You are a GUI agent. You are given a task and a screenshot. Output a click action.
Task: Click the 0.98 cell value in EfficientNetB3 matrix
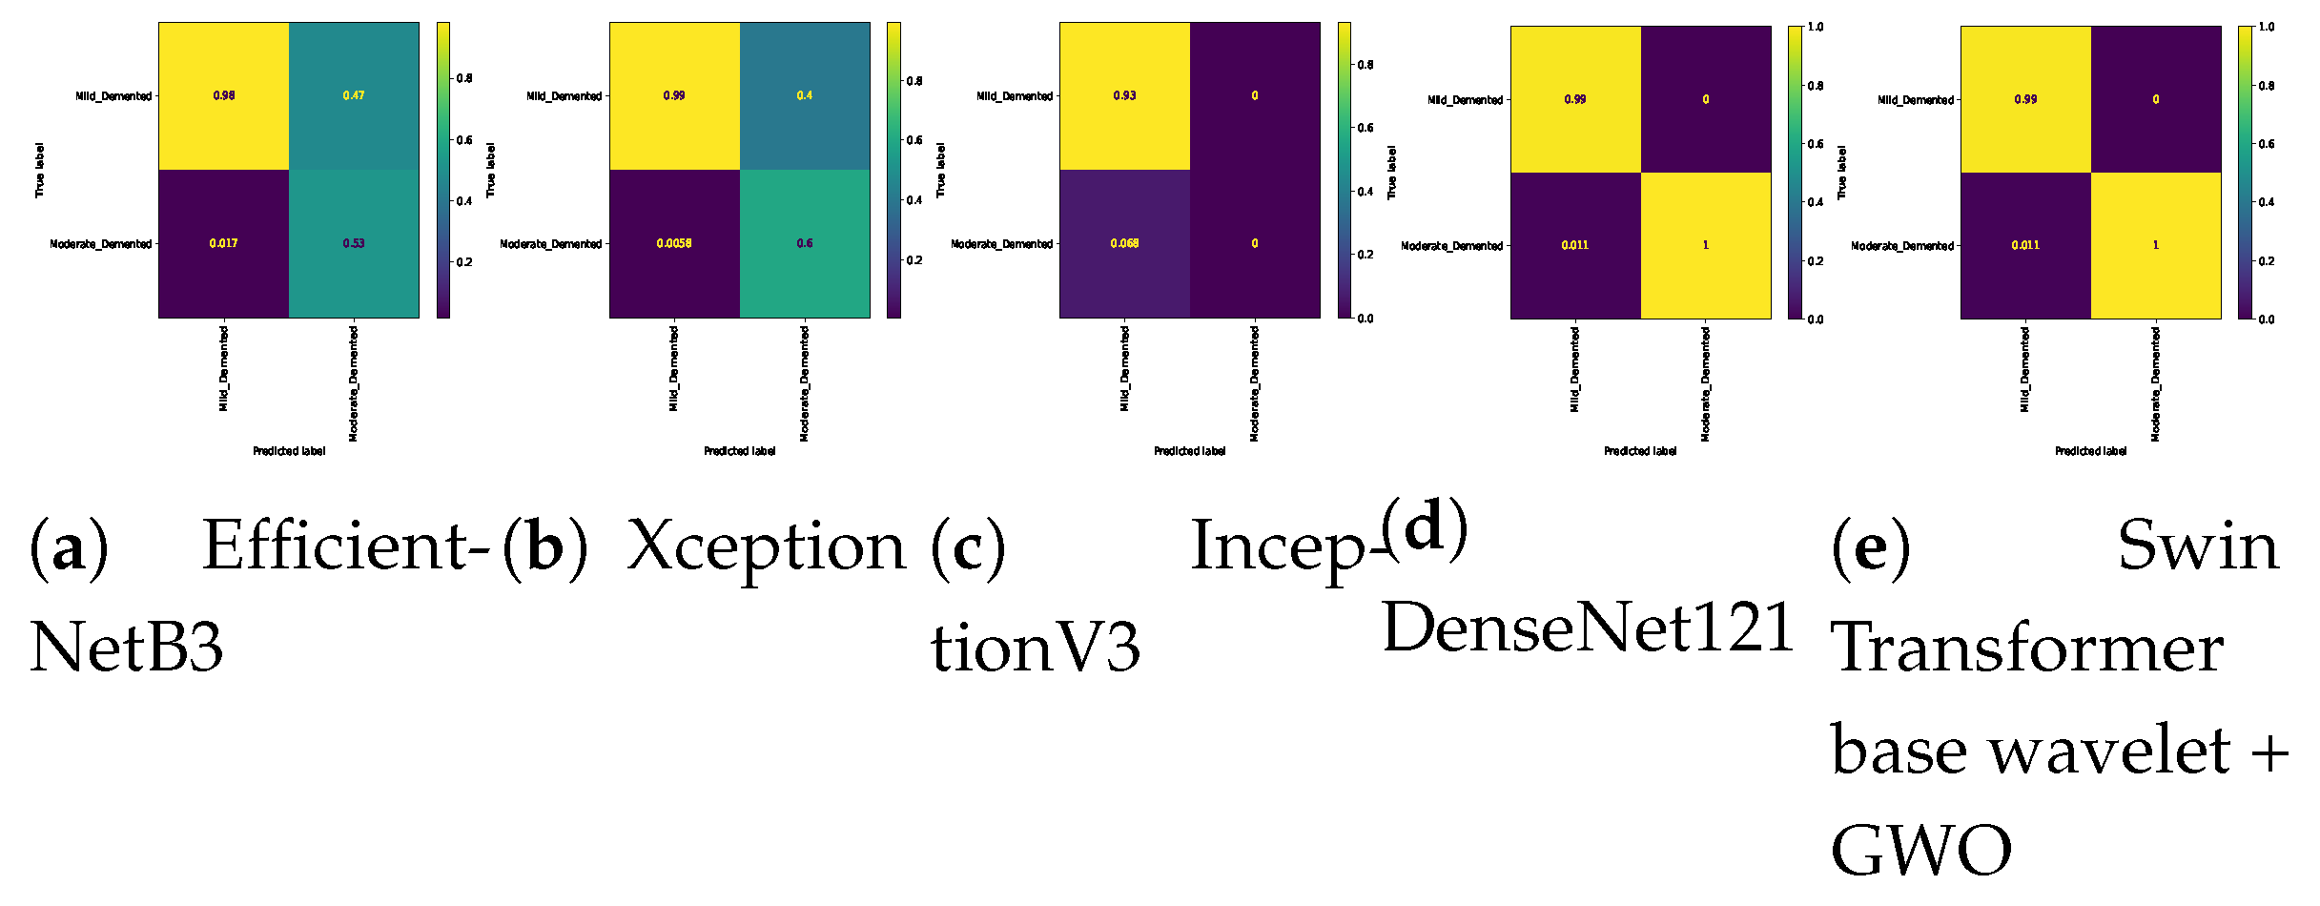[x=223, y=95]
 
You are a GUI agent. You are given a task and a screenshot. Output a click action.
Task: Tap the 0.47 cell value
[x=354, y=95]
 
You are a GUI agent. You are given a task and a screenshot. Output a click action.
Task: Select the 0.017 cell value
[x=223, y=243]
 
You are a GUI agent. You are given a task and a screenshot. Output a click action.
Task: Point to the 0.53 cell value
[x=354, y=243]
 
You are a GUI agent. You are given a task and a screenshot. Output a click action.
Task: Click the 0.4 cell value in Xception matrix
[x=805, y=95]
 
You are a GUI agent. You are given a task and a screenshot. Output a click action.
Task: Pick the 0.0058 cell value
[x=674, y=243]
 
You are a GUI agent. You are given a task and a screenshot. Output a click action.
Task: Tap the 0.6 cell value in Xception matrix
[x=805, y=243]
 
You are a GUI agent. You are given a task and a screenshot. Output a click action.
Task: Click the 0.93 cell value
[x=1124, y=95]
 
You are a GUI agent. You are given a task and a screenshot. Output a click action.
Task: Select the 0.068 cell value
[x=1124, y=243]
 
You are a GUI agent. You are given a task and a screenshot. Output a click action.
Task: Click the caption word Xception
[x=767, y=547]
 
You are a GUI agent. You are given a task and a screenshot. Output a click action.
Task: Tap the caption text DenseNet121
[x=1588, y=628]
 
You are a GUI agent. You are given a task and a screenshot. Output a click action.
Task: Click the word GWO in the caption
[x=1920, y=850]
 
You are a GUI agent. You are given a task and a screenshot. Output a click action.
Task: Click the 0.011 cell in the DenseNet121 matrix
[x=1574, y=245]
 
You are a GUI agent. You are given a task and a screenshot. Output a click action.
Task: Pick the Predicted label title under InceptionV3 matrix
[x=1189, y=451]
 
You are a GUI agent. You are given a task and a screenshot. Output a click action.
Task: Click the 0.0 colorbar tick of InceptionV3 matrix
[x=1365, y=319]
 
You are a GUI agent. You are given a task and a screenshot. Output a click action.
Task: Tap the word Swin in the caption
[x=2197, y=547]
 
